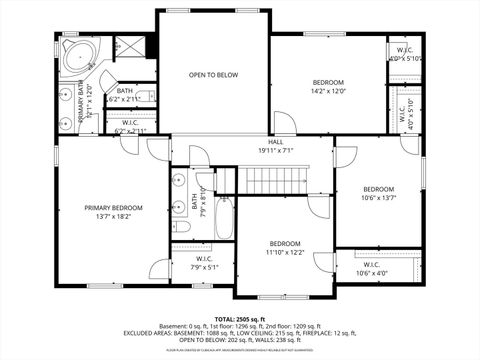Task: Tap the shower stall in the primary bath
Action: tap(127, 47)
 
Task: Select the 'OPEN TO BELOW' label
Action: tap(213, 74)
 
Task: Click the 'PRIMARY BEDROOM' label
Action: tap(113, 208)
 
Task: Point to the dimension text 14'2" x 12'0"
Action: tap(328, 91)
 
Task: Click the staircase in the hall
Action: tap(275, 180)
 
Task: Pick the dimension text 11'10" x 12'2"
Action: tap(285, 253)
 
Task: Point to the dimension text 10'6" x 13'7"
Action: tap(378, 198)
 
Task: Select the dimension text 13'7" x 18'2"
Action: tap(113, 217)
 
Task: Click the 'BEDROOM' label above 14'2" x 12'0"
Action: tap(328, 82)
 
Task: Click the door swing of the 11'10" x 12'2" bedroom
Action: tap(322, 263)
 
